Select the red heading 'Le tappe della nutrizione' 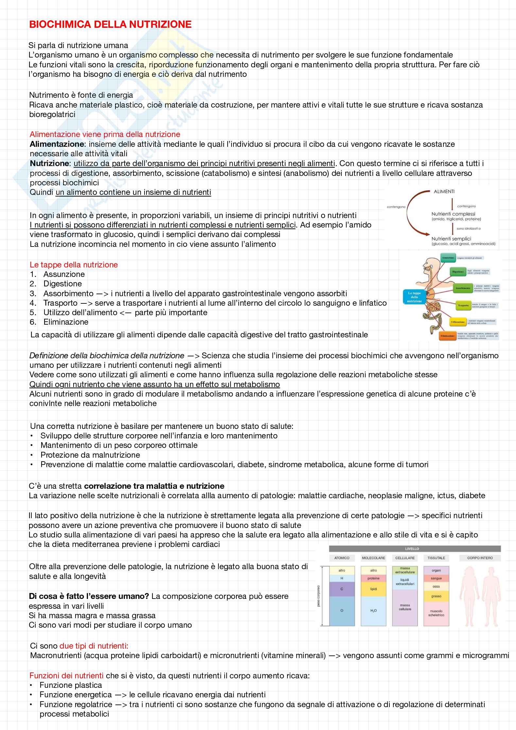pyautogui.click(x=74, y=264)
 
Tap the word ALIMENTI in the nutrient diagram pyautogui.click(x=444, y=192)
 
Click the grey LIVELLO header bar pyautogui.click(x=415, y=549)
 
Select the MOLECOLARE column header pyautogui.click(x=373, y=558)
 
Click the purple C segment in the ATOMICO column pyautogui.click(x=342, y=589)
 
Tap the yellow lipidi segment pyautogui.click(x=373, y=589)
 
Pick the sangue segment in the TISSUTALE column pyautogui.click(x=436, y=578)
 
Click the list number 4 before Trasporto pyautogui.click(x=33, y=303)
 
